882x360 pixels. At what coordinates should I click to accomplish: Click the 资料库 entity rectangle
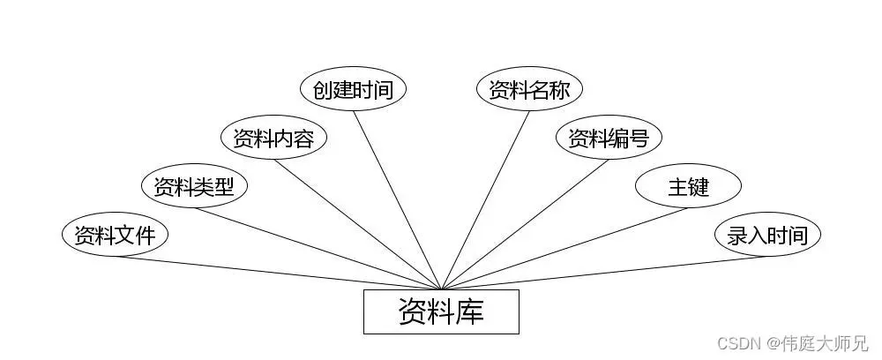(x=441, y=311)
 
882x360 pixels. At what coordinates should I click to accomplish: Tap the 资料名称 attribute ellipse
(x=529, y=89)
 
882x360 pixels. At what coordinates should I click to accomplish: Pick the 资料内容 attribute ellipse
(x=273, y=138)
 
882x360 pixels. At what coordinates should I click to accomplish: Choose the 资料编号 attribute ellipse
(x=609, y=138)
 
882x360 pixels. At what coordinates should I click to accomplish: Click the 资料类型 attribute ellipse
(x=194, y=186)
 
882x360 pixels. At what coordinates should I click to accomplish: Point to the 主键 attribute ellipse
(x=688, y=186)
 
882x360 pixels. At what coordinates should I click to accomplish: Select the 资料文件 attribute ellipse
(x=115, y=235)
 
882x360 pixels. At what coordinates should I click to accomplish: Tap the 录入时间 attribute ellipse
(x=767, y=235)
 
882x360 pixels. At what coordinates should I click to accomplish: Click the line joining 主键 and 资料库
(x=564, y=248)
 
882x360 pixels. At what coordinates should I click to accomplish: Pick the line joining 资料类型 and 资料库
(x=318, y=248)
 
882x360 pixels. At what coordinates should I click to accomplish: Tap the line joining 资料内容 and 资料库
(x=357, y=223)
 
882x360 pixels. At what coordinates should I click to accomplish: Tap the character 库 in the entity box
(x=469, y=311)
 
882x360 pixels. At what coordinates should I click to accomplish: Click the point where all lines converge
(x=441, y=288)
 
